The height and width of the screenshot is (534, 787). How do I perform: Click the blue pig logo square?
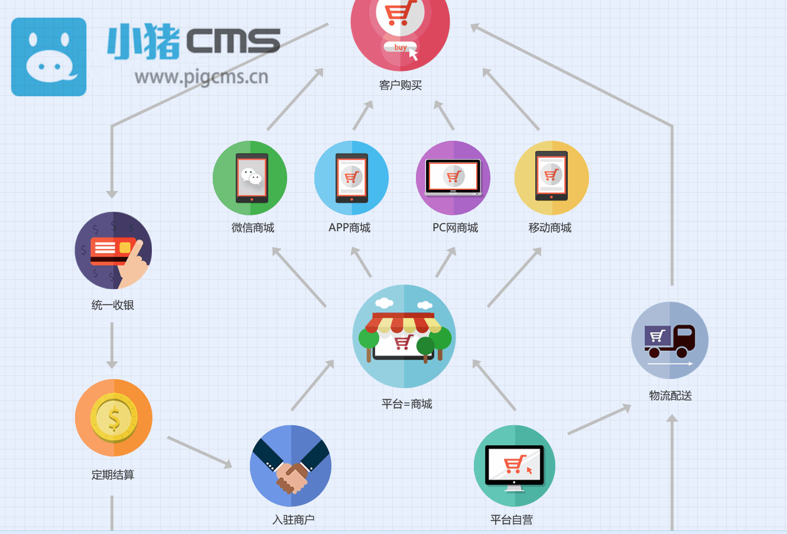[x=49, y=57]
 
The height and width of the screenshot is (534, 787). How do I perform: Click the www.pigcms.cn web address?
[x=201, y=77]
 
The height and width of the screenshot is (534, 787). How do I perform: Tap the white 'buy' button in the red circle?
[x=400, y=47]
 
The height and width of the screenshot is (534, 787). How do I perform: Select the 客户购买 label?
[x=401, y=85]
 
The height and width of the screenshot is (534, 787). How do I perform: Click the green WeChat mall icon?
[x=250, y=178]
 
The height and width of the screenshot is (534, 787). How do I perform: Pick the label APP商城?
[x=349, y=228]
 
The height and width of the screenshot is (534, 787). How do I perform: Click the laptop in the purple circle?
[x=453, y=177]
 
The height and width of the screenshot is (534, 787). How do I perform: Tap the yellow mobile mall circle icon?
[x=552, y=178]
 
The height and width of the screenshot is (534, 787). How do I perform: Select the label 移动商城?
[x=550, y=228]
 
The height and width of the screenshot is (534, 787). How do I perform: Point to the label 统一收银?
[x=113, y=305]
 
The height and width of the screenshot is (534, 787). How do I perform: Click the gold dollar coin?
[x=114, y=418]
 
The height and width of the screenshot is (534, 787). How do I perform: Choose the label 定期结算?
[x=113, y=475]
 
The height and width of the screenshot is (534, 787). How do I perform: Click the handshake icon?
[x=291, y=465]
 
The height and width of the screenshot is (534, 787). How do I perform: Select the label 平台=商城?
[x=407, y=404]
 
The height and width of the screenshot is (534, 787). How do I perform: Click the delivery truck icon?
[x=669, y=341]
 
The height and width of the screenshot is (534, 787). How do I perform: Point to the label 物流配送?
[x=671, y=396]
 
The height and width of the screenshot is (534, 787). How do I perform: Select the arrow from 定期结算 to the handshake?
[x=200, y=452]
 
